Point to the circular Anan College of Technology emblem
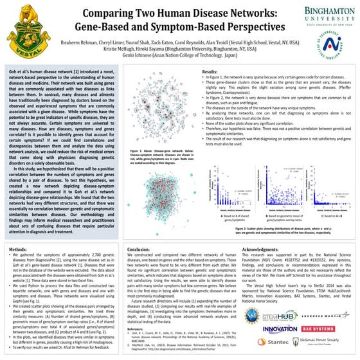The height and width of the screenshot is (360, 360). click(329, 44)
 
